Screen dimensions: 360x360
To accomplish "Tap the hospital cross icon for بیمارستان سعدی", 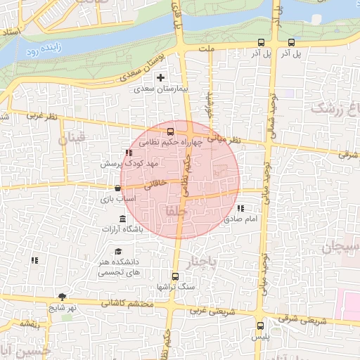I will [162, 77].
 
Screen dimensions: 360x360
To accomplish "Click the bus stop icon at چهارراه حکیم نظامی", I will [170, 131].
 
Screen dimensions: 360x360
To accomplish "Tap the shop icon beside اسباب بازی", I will [117, 188].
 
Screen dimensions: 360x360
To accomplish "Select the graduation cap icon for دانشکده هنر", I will [118, 252].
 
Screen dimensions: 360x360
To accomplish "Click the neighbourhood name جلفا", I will [172, 210].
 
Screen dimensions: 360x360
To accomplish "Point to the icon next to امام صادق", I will [241, 208].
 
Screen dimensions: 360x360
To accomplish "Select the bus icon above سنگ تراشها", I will [175, 276].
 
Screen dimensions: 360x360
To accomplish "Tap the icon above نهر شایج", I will [62, 297].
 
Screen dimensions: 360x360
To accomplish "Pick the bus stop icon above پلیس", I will [261, 326].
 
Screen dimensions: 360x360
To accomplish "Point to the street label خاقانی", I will [155, 186].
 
